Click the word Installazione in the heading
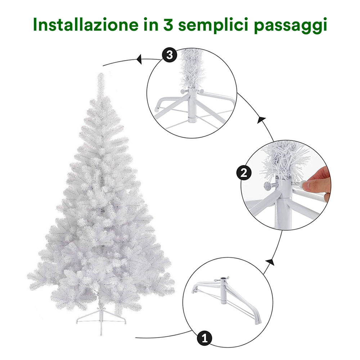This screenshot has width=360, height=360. coord(85,24)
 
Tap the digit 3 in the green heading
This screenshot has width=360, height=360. coord(168,25)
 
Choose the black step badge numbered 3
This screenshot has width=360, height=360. coord(170,55)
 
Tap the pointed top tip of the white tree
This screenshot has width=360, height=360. coord(100,73)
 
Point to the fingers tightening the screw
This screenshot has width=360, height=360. coord(316,182)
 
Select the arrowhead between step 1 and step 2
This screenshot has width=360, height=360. coord(270,262)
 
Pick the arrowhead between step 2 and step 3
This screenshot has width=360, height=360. coord(261,120)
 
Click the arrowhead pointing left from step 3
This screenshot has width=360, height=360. coord(139,60)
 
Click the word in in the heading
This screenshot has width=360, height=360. coord(150,24)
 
